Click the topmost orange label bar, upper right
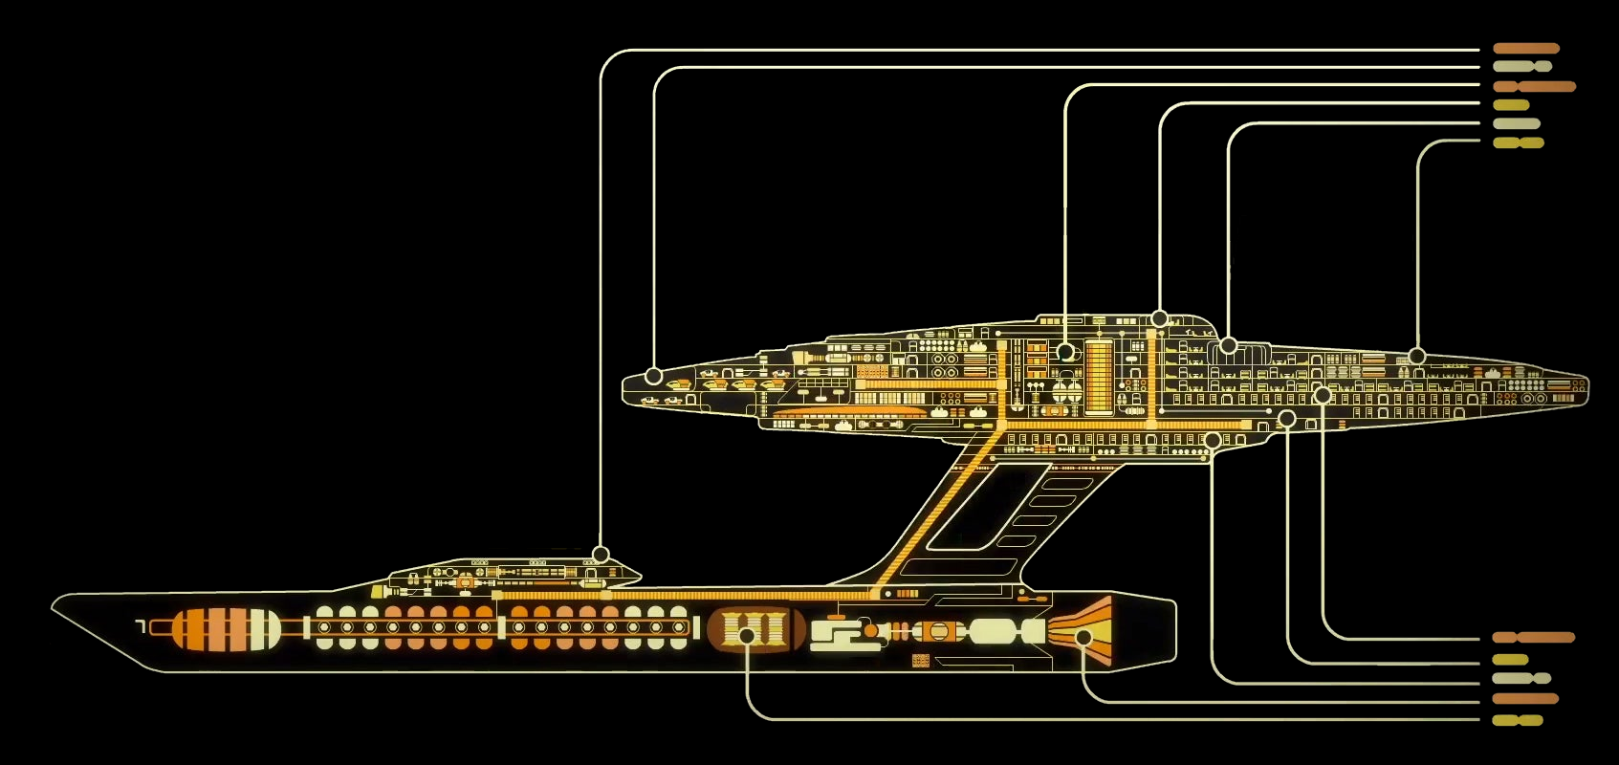[1526, 48]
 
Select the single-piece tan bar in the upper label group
[1517, 123]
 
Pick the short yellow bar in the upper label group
[1511, 105]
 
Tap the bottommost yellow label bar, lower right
[1518, 720]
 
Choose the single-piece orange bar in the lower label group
[1525, 699]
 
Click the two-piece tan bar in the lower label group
[1521, 678]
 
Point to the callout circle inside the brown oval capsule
[748, 635]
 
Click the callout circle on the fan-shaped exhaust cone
[1083, 637]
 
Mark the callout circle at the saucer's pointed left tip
[653, 376]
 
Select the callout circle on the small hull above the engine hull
[601, 555]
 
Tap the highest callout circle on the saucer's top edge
[1159, 318]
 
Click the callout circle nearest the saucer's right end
[1417, 356]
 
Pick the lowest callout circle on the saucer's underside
[1212, 440]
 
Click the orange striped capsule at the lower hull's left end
[227, 629]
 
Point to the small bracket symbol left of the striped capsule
[141, 626]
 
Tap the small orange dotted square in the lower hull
[921, 660]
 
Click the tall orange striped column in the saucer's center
[1099, 375]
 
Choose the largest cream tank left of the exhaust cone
[995, 631]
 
